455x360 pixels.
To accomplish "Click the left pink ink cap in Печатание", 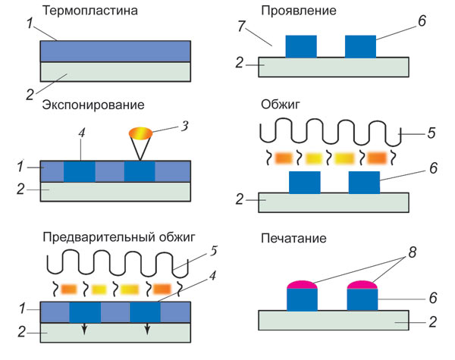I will coord(301,285).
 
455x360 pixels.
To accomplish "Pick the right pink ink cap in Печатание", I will coord(361,285).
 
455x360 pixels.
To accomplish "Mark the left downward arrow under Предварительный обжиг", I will coord(85,329).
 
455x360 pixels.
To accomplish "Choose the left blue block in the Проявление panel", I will coord(301,45).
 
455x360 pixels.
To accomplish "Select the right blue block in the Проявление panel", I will coord(361,45).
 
